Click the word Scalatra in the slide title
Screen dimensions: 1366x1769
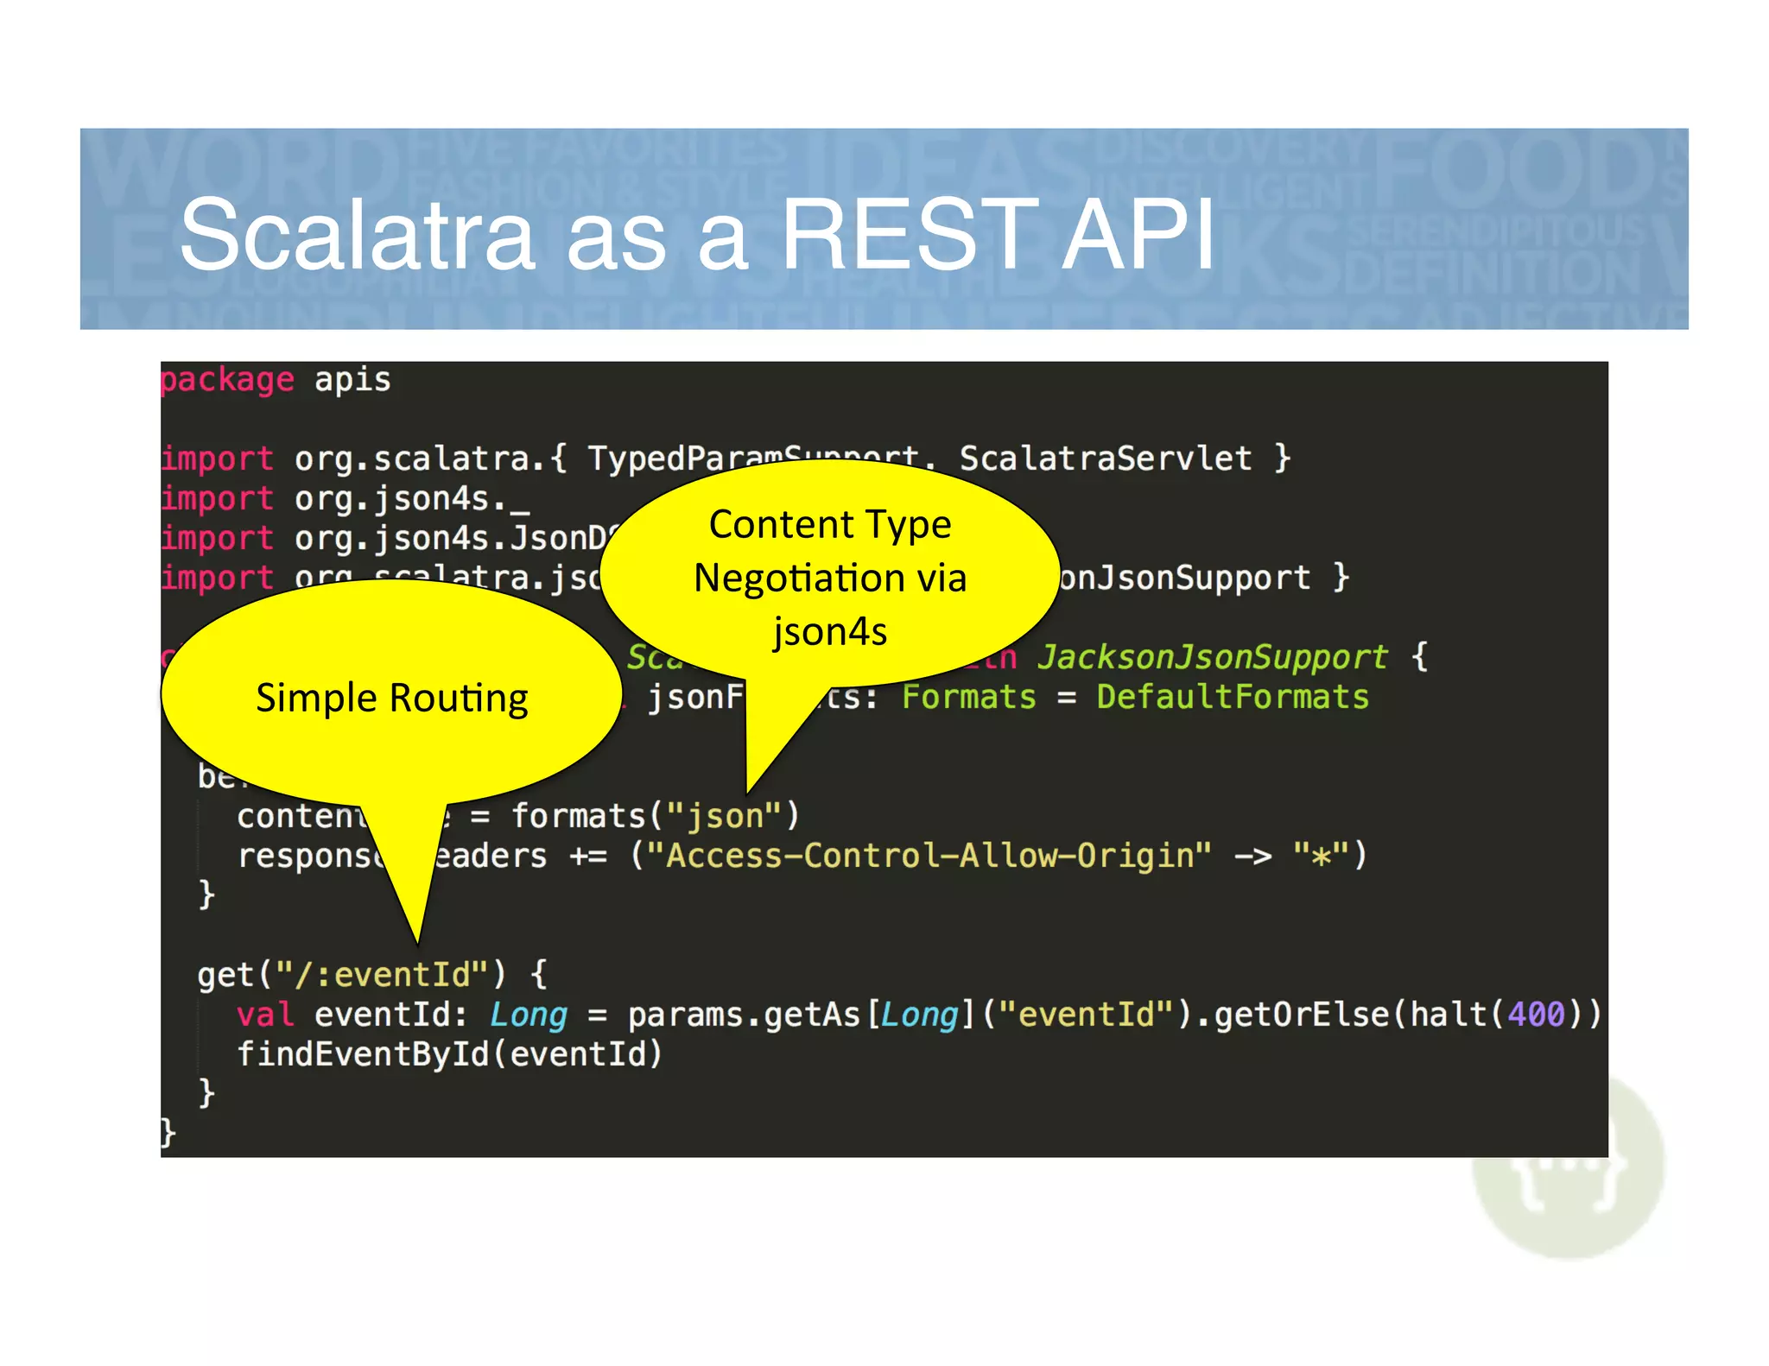click(x=357, y=235)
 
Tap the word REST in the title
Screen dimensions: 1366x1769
click(x=909, y=235)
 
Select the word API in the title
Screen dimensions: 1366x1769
click(x=1138, y=235)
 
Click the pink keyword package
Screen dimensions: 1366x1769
click(x=227, y=381)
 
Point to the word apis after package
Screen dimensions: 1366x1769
click(x=352, y=381)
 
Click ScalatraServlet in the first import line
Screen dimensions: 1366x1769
click(x=1105, y=458)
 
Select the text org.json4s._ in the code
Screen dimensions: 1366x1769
click(x=412, y=499)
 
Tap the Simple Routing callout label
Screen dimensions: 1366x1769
click(x=391, y=698)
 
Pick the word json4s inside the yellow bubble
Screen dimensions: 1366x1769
click(x=829, y=631)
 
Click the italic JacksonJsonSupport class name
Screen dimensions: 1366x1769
click(x=1212, y=657)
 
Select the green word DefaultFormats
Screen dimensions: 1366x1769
click(x=1233, y=698)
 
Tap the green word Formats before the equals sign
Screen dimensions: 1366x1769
click(x=968, y=698)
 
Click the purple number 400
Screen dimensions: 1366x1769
click(x=1535, y=1015)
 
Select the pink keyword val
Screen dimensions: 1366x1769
click(x=265, y=1015)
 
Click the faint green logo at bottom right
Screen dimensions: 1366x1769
click(x=1568, y=1174)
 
